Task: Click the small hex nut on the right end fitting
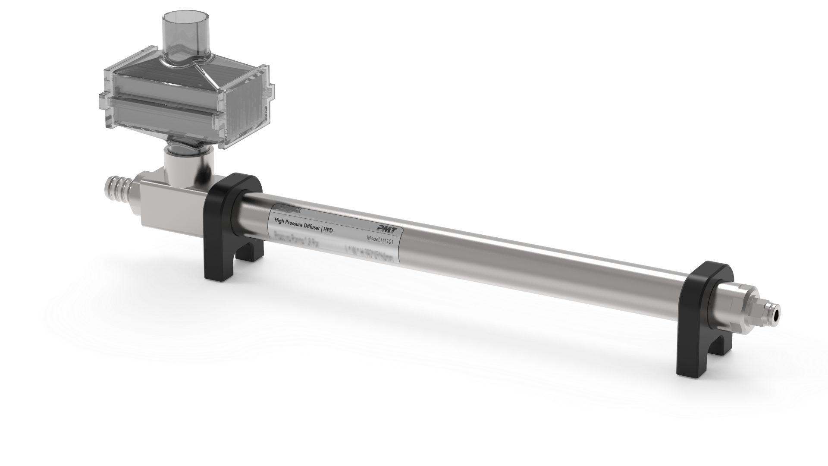click(761, 311)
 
